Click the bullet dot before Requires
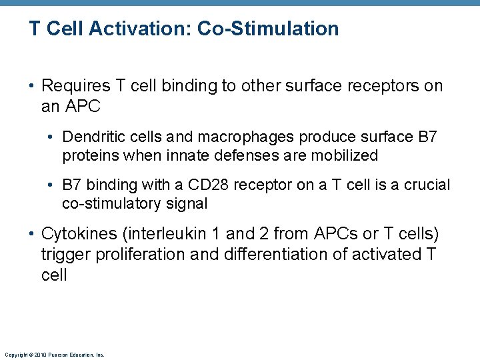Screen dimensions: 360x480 coord(33,87)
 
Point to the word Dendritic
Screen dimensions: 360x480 coord(89,137)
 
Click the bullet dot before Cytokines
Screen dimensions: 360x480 coord(33,235)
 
